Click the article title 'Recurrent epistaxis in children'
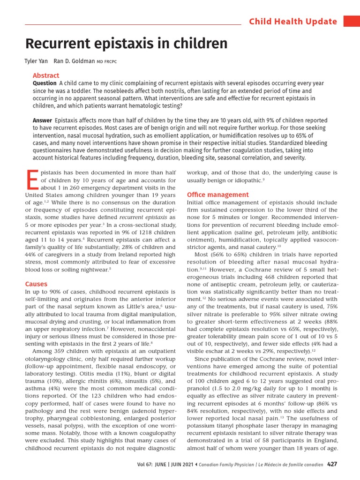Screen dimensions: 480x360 126,44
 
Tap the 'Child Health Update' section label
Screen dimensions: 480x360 292,22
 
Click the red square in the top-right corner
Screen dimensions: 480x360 352,21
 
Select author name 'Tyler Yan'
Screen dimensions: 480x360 36,61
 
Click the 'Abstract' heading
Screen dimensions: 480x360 46,75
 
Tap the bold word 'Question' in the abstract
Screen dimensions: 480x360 45,83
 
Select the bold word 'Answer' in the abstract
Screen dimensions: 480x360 42,120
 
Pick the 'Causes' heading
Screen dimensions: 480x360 36,284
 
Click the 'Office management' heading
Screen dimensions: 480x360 218,195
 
